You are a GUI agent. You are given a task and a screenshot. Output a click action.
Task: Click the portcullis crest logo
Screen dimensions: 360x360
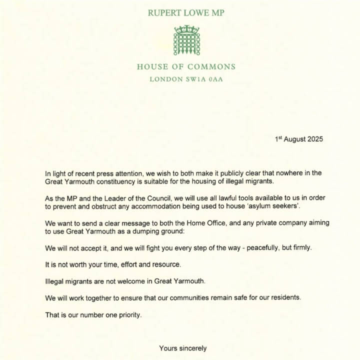186,40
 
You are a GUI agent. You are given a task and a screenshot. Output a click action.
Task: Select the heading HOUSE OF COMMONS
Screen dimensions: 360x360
186,67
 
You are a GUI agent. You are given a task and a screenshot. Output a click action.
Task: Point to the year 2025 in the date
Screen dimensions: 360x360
313,139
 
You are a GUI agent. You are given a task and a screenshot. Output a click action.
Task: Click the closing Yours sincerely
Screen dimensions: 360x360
183,348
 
